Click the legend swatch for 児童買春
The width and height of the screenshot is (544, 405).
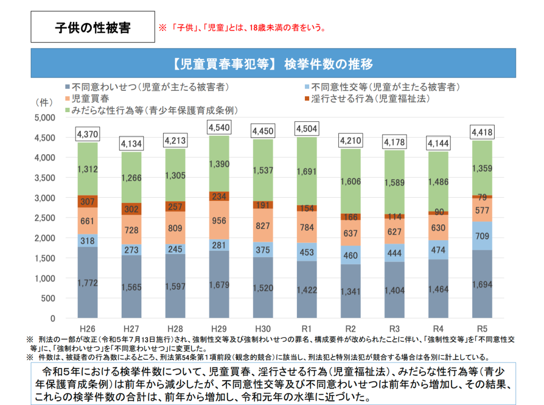click(x=67, y=99)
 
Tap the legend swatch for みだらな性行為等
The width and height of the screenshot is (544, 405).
click(x=67, y=110)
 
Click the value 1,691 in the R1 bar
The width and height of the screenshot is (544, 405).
click(x=307, y=172)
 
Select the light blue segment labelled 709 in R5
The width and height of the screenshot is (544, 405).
click(x=481, y=236)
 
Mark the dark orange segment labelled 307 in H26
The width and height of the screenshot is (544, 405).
click(x=87, y=202)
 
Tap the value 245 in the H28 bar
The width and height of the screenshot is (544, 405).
click(x=175, y=249)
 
